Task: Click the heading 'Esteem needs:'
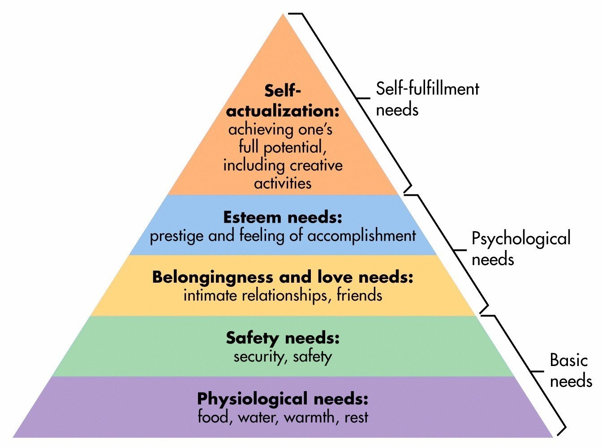283,218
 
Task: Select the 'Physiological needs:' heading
283,398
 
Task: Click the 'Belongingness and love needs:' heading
283,277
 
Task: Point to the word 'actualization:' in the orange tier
283,111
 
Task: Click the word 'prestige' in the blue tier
177,236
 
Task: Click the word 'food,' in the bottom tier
215,417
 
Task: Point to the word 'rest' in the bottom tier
357,418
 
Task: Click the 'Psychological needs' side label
521,248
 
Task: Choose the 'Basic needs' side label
570,370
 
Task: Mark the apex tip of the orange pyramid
283,15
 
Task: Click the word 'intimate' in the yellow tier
211,295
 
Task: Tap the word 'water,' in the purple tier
259,418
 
